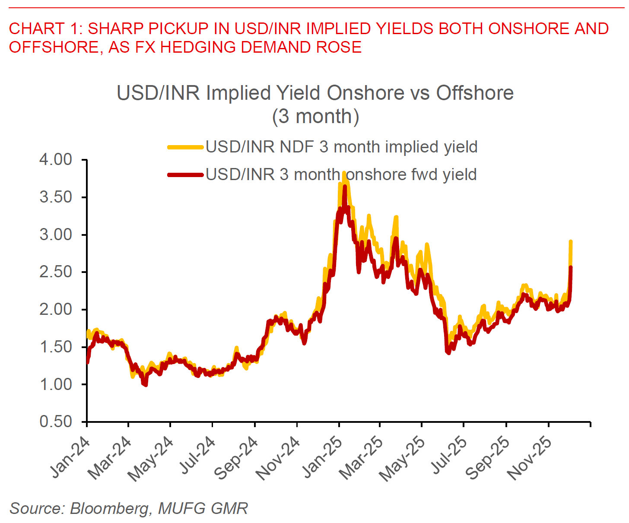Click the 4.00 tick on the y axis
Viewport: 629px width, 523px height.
tap(56, 160)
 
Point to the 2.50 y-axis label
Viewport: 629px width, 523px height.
tap(56, 272)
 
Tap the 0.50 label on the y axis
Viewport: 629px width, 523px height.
tap(56, 422)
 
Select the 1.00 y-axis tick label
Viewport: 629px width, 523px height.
tap(56, 384)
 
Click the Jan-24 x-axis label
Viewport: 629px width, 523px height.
tap(70, 458)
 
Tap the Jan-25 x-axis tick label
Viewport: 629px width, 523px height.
tap(322, 458)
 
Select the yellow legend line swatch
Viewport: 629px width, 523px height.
tap(185, 147)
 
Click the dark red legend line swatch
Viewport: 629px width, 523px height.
tap(185, 175)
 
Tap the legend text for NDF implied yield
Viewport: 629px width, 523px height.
tap(341, 147)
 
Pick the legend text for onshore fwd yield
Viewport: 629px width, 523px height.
tap(341, 175)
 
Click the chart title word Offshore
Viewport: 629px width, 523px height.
tap(475, 93)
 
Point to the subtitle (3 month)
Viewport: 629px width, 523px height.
tap(315, 117)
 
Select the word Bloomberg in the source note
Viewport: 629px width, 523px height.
tap(109, 508)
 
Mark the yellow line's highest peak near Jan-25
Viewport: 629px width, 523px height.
tap(344, 173)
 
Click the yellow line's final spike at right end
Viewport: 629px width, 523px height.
tap(571, 241)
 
